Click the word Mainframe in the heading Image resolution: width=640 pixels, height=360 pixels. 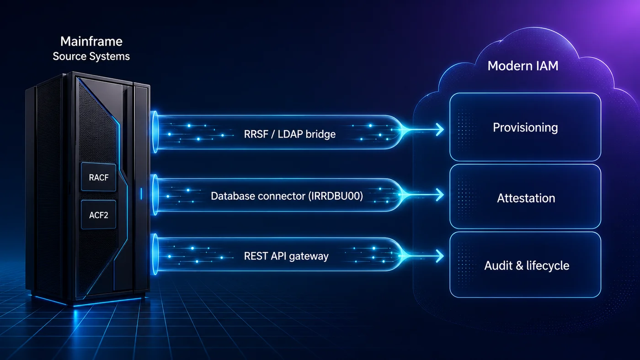pos(91,42)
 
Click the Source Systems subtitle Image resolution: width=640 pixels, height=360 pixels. pos(91,56)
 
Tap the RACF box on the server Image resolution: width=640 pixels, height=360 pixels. pos(99,177)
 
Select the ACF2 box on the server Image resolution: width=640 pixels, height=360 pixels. pos(99,214)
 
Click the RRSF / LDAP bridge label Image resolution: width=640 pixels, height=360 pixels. pos(290,134)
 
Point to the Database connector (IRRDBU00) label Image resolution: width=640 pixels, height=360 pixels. pos(287,196)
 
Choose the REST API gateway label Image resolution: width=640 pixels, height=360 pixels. pos(286,256)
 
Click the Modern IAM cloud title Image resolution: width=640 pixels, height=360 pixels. pos(523,66)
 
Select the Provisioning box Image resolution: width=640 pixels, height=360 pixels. pos(525,127)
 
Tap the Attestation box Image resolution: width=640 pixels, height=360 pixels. pos(525,196)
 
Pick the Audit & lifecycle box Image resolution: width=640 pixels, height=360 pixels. pos(525,265)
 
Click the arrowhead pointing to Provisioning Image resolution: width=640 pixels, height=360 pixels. pos(440,130)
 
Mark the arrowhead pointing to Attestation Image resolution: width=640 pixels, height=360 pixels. pos(440,195)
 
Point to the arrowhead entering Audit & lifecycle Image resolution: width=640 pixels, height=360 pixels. pos(440,256)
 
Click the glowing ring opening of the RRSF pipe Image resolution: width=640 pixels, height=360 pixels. pos(155,132)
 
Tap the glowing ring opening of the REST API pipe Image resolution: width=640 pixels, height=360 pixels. pos(155,254)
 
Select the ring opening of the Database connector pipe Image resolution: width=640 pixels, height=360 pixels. pos(155,195)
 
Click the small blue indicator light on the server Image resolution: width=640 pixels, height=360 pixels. pos(141,194)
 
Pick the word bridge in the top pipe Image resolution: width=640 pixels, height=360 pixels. pos(321,134)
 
